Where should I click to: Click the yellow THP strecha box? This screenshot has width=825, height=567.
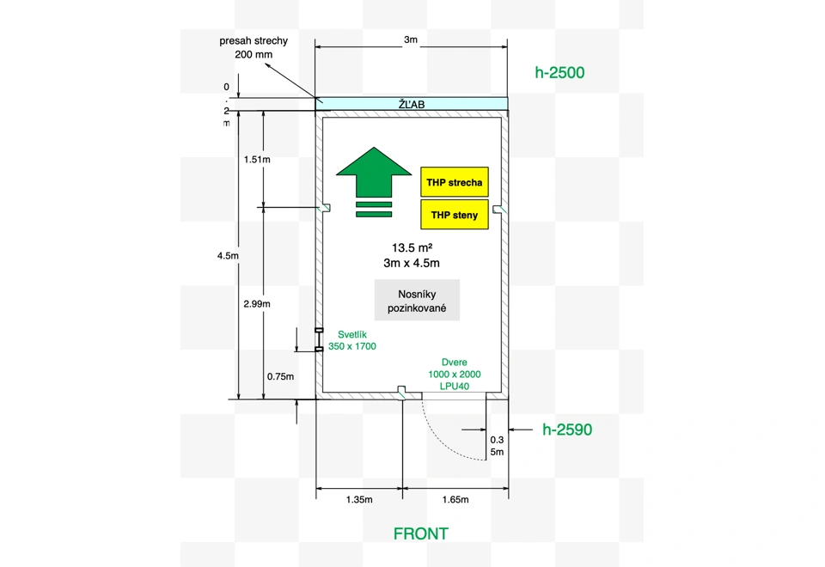(x=454, y=182)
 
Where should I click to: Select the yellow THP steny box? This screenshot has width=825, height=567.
(x=454, y=214)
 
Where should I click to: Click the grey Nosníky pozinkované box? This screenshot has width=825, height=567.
(x=417, y=301)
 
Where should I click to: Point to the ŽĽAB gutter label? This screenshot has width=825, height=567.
(x=412, y=104)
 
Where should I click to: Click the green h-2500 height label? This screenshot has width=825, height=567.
(x=559, y=72)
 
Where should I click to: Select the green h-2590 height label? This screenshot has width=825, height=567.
(x=567, y=430)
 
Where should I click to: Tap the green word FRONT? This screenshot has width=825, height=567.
(x=421, y=533)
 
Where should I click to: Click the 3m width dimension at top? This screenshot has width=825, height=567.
(x=411, y=40)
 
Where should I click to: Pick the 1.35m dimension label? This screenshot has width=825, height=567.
(x=359, y=500)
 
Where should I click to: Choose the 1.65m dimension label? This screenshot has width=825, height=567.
(x=455, y=500)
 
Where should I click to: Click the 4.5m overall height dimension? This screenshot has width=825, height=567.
(x=228, y=256)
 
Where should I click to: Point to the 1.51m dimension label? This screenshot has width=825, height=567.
(x=257, y=160)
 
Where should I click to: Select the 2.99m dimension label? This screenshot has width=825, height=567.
(x=257, y=303)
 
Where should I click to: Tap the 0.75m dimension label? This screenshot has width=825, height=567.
(x=280, y=376)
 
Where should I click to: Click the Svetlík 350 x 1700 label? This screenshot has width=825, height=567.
(x=352, y=340)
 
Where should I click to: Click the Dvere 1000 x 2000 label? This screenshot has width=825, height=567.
(x=454, y=369)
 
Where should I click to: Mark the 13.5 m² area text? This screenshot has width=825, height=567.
(x=412, y=247)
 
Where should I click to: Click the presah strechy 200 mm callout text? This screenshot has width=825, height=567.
(x=254, y=47)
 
